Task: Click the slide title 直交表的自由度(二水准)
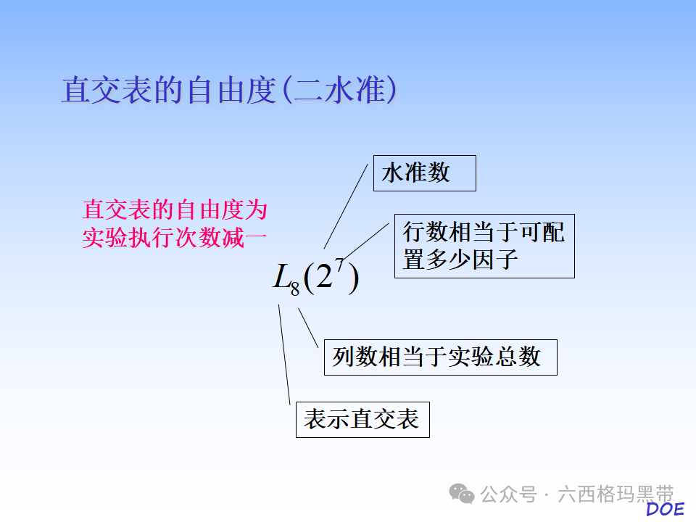pos(228,90)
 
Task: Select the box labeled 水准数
pos(424,173)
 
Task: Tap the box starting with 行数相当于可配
pos(484,246)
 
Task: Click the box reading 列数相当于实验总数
pos(440,357)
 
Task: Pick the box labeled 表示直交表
pos(362,419)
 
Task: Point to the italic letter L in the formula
pos(281,277)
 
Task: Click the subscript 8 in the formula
pos(295,289)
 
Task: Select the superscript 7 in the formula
pos(339,266)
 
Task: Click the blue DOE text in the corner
pos(665,509)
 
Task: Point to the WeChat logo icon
pos(462,494)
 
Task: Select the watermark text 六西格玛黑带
pos(616,494)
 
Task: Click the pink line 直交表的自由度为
pos(175,210)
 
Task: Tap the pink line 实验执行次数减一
pos(175,237)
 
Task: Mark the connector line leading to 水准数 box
pos(348,207)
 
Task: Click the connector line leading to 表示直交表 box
pos(284,355)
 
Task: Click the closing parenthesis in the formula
pos(352,279)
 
